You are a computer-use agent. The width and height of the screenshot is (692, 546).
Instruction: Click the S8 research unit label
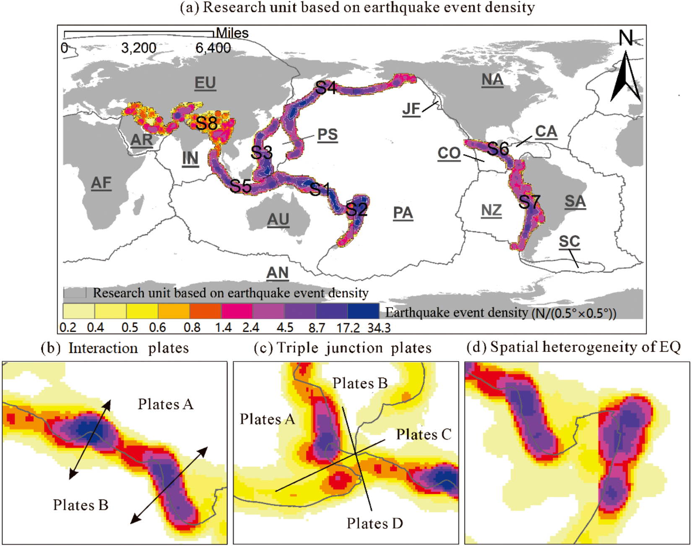[x=207, y=123]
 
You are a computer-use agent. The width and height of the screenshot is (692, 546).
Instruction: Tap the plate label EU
[x=205, y=83]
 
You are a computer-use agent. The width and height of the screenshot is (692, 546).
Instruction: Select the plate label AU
[x=278, y=219]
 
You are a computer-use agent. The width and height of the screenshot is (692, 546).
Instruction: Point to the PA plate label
[x=403, y=213]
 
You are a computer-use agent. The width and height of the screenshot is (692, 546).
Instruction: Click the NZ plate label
[x=491, y=210]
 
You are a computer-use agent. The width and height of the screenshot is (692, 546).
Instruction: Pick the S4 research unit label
[x=326, y=88]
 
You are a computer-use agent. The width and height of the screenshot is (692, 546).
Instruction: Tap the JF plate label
[x=411, y=109]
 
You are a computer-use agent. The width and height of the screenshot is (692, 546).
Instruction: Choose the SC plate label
[x=569, y=241]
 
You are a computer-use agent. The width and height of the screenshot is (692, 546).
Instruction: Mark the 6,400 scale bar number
[x=213, y=48]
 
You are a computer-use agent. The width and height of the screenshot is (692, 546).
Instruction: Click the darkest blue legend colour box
[x=363, y=311]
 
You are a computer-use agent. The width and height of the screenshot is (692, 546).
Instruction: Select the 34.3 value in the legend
[x=379, y=328]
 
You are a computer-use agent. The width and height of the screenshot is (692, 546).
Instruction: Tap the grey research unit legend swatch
[x=75, y=292]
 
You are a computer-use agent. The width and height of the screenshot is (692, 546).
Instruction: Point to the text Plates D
[x=375, y=523]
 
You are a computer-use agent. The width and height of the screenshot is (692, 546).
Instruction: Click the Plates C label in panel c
[x=424, y=435]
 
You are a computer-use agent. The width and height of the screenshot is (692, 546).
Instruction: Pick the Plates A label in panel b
[x=166, y=404]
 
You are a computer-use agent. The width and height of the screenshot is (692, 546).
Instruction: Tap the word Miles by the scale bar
[x=232, y=33]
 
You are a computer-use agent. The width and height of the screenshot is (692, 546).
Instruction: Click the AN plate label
[x=277, y=273]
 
